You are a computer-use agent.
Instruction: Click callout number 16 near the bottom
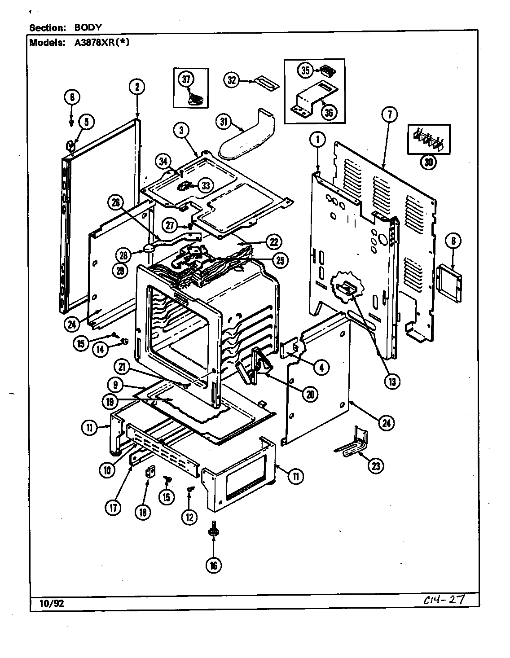click(213, 565)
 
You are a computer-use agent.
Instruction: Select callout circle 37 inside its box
click(186, 79)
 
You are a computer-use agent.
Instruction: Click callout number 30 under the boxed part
click(429, 163)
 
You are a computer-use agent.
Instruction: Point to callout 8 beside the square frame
click(453, 241)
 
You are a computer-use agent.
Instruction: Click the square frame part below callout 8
click(448, 282)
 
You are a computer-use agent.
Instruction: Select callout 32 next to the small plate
click(231, 80)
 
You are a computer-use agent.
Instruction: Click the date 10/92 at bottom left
click(47, 603)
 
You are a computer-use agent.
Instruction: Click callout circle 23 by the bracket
click(375, 466)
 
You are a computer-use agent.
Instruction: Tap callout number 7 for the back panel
click(389, 114)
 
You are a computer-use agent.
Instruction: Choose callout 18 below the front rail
click(143, 513)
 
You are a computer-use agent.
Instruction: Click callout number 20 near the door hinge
click(310, 394)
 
